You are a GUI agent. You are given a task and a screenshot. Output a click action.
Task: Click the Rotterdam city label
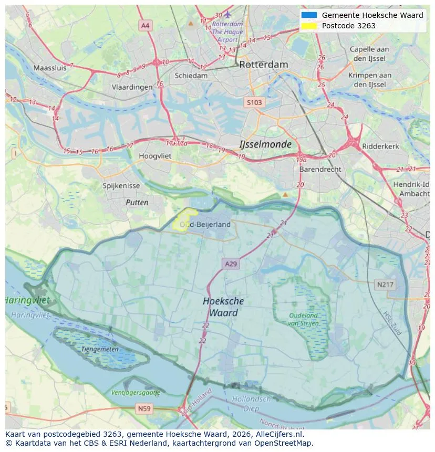[264, 65]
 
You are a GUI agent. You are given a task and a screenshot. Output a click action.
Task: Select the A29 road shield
[231, 264]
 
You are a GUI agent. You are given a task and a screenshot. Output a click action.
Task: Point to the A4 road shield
[146, 25]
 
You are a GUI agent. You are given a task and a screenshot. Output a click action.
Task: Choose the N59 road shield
[144, 408]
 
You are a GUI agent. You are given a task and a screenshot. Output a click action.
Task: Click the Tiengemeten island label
[100, 349]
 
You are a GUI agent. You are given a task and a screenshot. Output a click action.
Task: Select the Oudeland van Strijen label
[303, 319]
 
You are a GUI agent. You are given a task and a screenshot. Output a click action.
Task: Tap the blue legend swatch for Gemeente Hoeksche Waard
[309, 15]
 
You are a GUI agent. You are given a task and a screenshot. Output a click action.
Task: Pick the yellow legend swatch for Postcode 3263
[309, 26]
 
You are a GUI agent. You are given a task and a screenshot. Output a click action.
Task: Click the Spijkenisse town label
[121, 186]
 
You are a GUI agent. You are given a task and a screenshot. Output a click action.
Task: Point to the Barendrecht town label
[320, 170]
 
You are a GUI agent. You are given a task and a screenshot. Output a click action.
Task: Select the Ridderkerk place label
[381, 146]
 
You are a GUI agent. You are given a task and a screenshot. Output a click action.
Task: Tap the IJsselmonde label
[265, 144]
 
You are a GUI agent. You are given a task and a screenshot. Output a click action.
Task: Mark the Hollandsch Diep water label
[252, 404]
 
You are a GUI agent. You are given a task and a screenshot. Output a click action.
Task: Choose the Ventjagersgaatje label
[136, 392]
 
